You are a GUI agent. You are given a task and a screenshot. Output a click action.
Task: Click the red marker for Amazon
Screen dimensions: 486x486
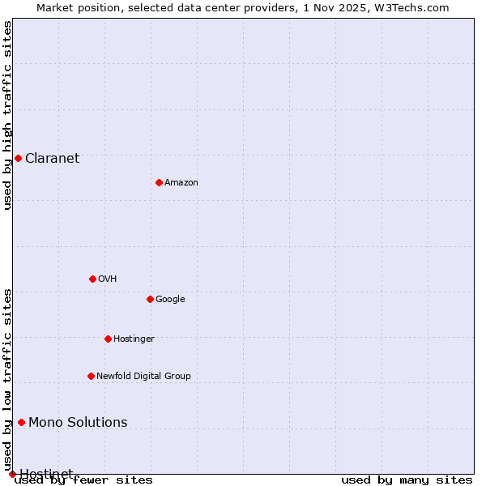point(159,182)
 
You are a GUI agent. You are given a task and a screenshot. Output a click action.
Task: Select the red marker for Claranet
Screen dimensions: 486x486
point(18,158)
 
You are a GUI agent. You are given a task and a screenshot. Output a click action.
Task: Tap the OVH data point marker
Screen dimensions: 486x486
point(92,279)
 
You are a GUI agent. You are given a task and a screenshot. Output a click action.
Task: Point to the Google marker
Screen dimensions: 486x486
point(150,299)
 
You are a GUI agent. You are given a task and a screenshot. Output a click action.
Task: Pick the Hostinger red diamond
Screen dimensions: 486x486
point(108,339)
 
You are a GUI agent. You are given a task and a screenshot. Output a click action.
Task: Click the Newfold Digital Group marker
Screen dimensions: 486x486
point(91,376)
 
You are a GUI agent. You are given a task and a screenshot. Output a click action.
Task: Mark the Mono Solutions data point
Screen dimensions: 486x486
point(21,422)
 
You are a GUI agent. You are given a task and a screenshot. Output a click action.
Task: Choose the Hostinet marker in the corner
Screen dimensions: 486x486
point(12,474)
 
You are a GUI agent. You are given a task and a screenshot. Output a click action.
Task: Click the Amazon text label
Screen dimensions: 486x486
point(181,182)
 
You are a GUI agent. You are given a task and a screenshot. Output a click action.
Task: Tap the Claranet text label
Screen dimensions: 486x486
point(53,158)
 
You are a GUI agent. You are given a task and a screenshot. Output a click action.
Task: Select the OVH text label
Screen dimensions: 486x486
point(108,279)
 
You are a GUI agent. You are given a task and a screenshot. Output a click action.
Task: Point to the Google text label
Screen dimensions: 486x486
point(170,299)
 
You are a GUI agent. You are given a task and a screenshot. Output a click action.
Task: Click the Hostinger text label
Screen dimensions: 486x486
point(134,339)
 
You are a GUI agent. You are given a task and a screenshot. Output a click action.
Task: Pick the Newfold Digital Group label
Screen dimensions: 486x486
point(143,376)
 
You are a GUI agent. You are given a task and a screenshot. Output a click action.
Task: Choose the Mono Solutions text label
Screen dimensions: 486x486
point(78,422)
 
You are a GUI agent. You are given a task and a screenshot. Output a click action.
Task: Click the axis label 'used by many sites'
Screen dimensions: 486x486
point(407,480)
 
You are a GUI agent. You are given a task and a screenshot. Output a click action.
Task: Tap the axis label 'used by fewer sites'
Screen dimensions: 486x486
point(84,480)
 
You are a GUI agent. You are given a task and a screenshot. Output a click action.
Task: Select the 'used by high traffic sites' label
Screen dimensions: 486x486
point(7,115)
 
